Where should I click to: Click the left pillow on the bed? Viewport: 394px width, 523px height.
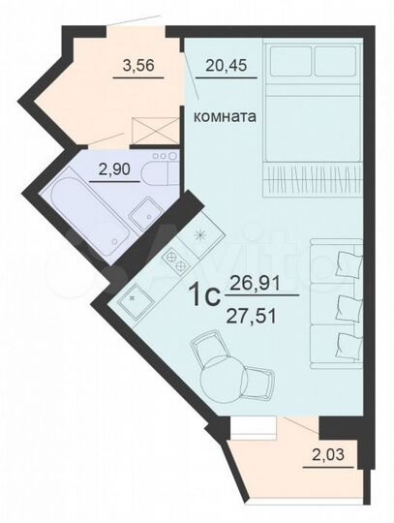coord(288,63)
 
